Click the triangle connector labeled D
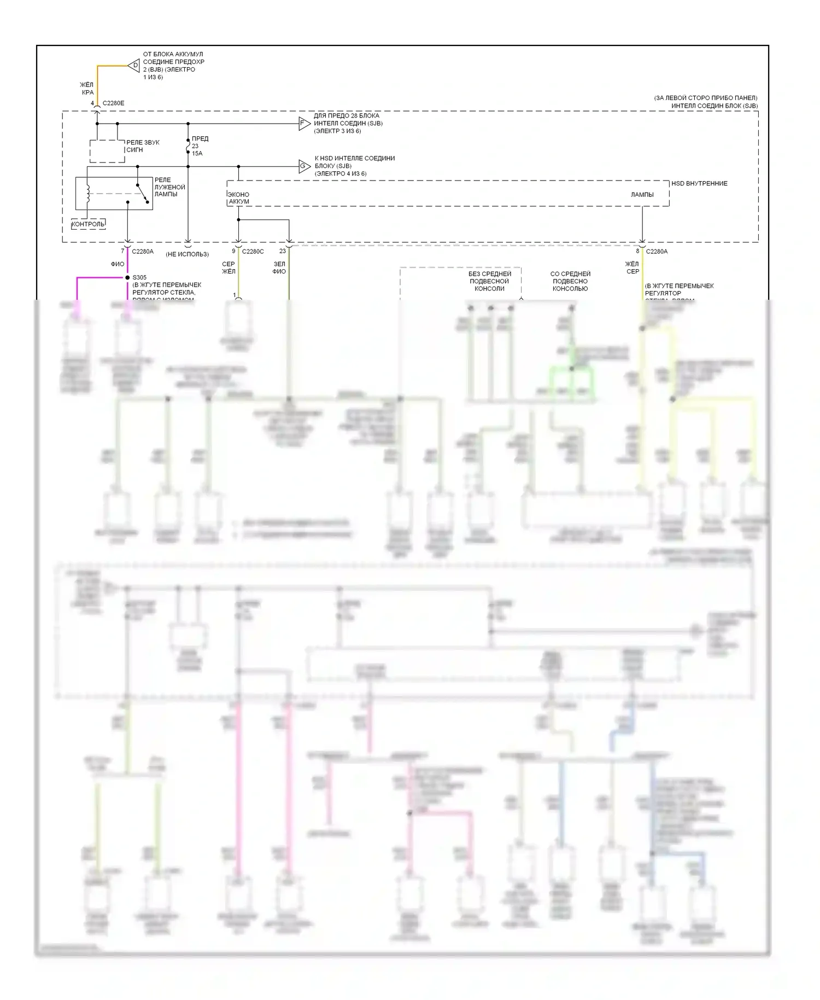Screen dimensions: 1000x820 [x=134, y=66]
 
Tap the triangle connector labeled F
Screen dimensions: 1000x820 [x=304, y=124]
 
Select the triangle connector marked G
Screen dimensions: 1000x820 [x=304, y=166]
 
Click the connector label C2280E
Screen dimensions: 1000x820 [x=113, y=103]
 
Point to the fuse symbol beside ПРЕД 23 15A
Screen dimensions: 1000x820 [x=188, y=147]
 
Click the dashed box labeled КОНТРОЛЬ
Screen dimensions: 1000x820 [x=89, y=224]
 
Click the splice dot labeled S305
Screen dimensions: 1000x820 [x=127, y=278]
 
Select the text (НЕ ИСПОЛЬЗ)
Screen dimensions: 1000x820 [x=187, y=254]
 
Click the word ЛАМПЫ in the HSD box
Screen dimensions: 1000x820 [x=642, y=195]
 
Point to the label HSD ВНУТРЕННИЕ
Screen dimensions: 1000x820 [x=699, y=184]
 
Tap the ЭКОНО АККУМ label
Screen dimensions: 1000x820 [x=239, y=198]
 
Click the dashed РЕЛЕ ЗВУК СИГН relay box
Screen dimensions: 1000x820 [x=107, y=151]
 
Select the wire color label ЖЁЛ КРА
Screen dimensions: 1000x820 [x=87, y=89]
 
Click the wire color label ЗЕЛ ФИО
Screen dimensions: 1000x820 [x=279, y=268]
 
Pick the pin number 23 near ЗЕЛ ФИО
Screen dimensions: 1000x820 [x=282, y=251]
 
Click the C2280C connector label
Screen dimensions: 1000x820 [x=253, y=252]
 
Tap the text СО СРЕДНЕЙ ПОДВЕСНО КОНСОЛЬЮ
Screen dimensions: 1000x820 [x=570, y=281]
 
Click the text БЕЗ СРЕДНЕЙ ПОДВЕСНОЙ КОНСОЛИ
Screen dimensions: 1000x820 [x=489, y=281]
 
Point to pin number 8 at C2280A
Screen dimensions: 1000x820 [x=637, y=252]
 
